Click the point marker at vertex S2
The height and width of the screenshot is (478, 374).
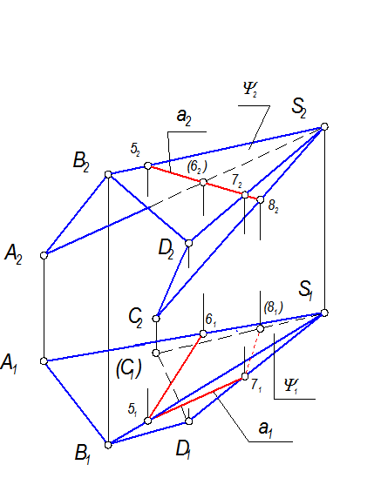pyautogui.click(x=324, y=126)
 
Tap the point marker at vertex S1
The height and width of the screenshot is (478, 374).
pyautogui.click(x=324, y=313)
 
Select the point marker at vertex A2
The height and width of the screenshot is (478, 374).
pyautogui.click(x=44, y=255)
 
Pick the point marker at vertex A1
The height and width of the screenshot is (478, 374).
pyautogui.click(x=44, y=361)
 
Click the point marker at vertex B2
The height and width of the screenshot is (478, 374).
pyautogui.click(x=108, y=174)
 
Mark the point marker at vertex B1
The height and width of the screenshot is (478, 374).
pyautogui.click(x=108, y=445)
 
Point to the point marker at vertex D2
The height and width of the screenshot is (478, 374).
pyautogui.click(x=188, y=243)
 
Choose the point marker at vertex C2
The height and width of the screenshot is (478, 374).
pyautogui.click(x=156, y=319)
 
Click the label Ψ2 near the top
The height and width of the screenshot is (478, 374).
pyautogui.click(x=250, y=90)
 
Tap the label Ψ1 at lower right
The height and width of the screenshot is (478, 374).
pyautogui.click(x=291, y=386)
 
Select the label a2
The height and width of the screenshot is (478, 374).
pyautogui.click(x=184, y=118)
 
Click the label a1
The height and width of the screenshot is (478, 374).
pyautogui.click(x=266, y=429)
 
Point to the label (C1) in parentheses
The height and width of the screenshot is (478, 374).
pyautogui.click(x=128, y=368)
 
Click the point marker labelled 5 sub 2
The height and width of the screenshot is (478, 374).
pyautogui.click(x=147, y=165)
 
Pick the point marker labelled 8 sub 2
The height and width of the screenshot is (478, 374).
pyautogui.click(x=260, y=199)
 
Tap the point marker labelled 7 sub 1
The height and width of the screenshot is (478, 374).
pyautogui.click(x=245, y=376)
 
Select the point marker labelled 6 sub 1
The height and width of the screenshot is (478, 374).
pyautogui.click(x=203, y=333)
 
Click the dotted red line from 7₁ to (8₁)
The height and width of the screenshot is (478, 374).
pyautogui.click(x=253, y=353)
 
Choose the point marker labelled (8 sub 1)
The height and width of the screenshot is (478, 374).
pyautogui.click(x=260, y=328)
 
